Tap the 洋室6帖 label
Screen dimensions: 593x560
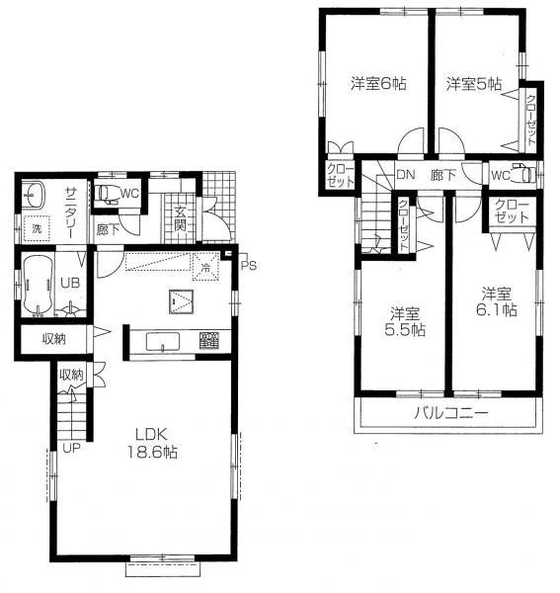tap(377, 85)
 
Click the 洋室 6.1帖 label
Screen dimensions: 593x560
tap(497, 301)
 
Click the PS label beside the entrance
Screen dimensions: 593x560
tap(247, 264)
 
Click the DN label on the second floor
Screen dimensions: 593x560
tap(405, 175)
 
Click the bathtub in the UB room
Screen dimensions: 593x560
tap(38, 287)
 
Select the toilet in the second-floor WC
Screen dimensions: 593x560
tap(525, 175)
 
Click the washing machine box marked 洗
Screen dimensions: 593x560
tap(38, 227)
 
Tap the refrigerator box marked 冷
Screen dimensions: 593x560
tap(204, 267)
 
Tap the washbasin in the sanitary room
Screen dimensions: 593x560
tap(37, 193)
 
